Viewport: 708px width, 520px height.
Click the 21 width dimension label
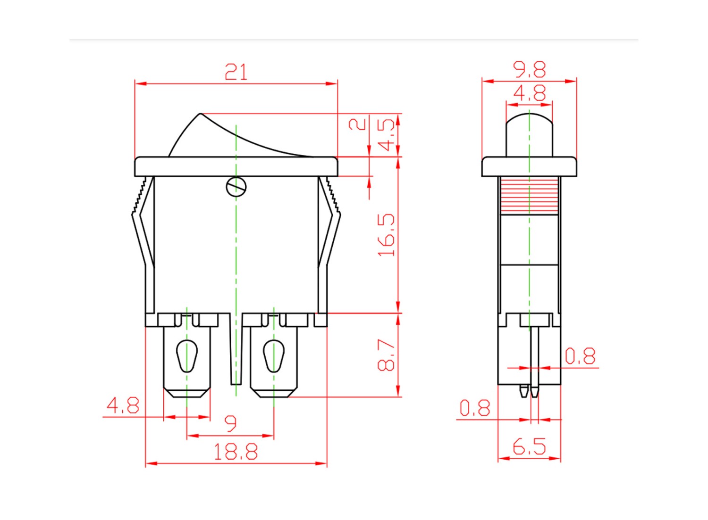(236, 72)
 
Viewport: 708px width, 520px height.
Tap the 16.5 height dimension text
(387, 235)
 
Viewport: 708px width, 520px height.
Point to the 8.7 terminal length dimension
(386, 355)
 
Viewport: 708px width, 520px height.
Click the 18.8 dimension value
(236, 452)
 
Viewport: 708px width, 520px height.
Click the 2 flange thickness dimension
(357, 124)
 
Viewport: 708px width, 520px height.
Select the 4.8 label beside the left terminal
(123, 405)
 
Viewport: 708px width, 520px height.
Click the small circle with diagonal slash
(236, 187)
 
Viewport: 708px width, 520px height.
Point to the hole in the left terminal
(187, 356)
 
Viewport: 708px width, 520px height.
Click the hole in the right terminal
(274, 356)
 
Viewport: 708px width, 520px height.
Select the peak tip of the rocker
(201, 113)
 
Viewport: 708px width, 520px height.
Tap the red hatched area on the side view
(530, 196)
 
